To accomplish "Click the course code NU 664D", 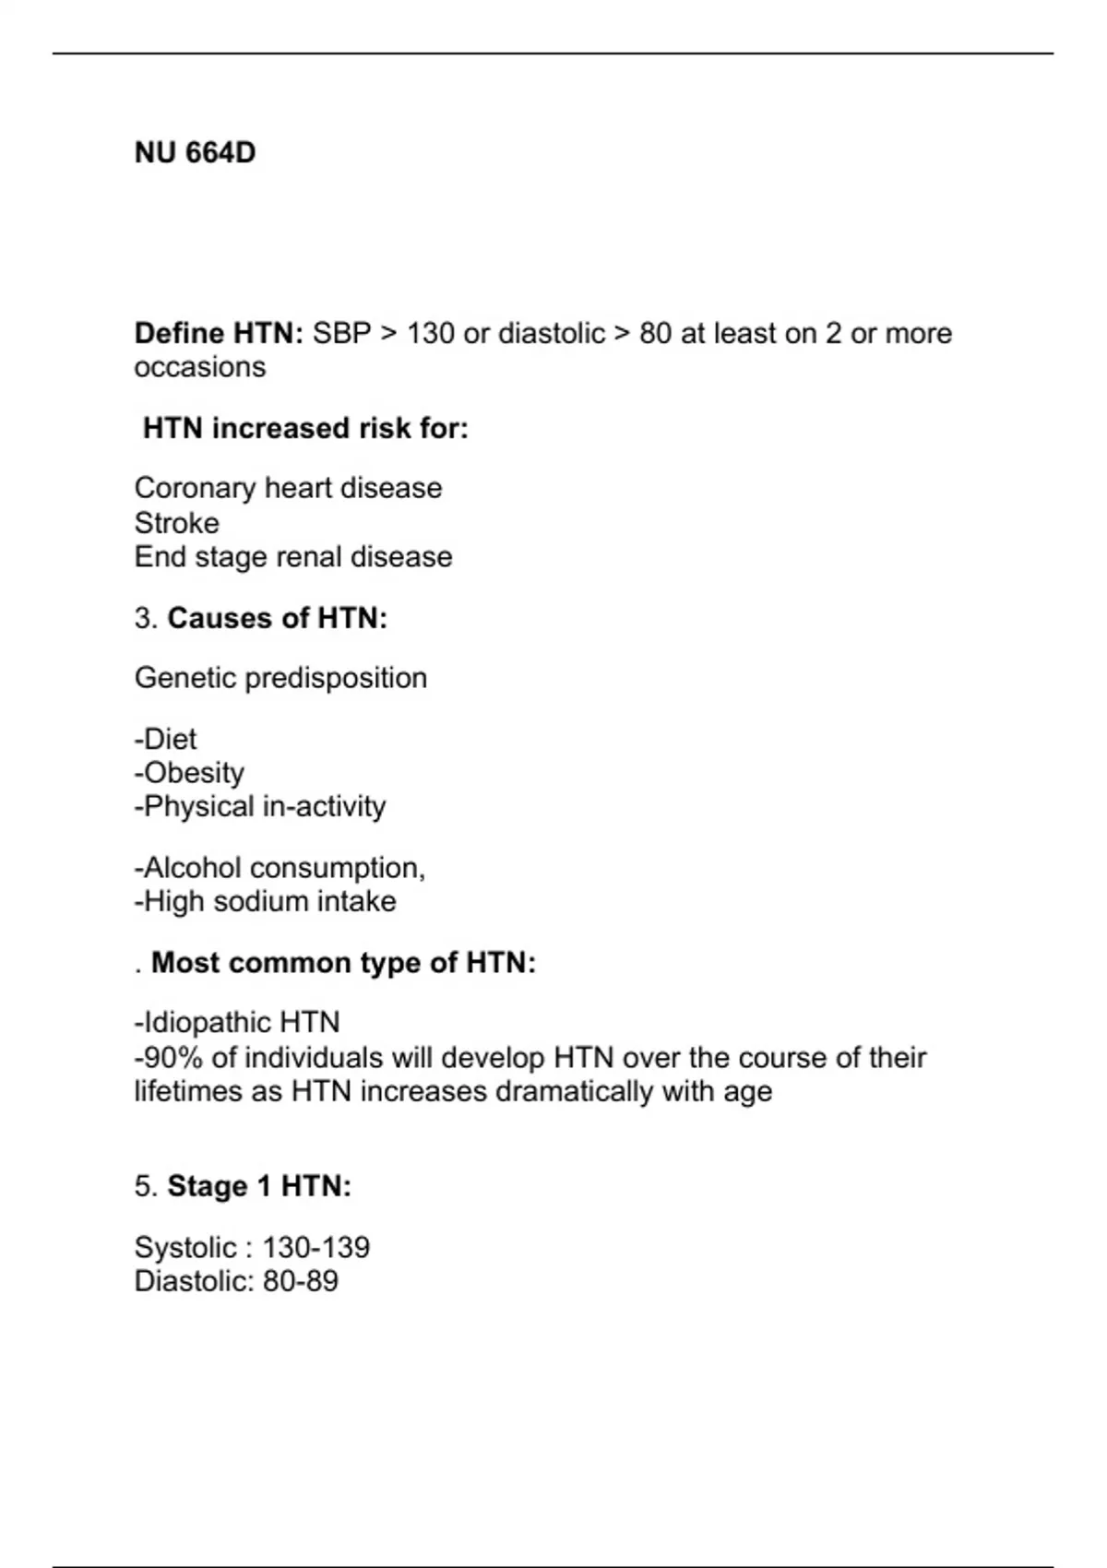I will tap(195, 152).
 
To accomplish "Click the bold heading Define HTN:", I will tap(219, 333).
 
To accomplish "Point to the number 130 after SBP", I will tap(430, 333).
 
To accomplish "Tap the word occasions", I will tap(199, 367).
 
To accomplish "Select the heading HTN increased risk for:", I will tap(305, 428).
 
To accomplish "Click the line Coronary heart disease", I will tap(288, 488).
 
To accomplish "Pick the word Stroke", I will tap(177, 523).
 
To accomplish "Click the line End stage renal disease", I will tap(293, 557).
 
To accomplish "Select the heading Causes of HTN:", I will tap(277, 618).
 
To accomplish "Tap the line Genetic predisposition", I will tap(280, 678).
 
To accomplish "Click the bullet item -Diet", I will tap(166, 739).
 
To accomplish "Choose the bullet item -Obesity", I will tap(189, 773).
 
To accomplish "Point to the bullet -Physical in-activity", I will tap(260, 806).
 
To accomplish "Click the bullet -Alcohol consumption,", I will tap(280, 868).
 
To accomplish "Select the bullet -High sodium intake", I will tap(265, 901).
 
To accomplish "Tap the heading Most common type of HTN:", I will tap(343, 963).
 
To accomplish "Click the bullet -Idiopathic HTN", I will tap(237, 1022).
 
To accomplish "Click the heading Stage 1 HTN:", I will tap(258, 1186).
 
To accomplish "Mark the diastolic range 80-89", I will tap(300, 1281).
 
